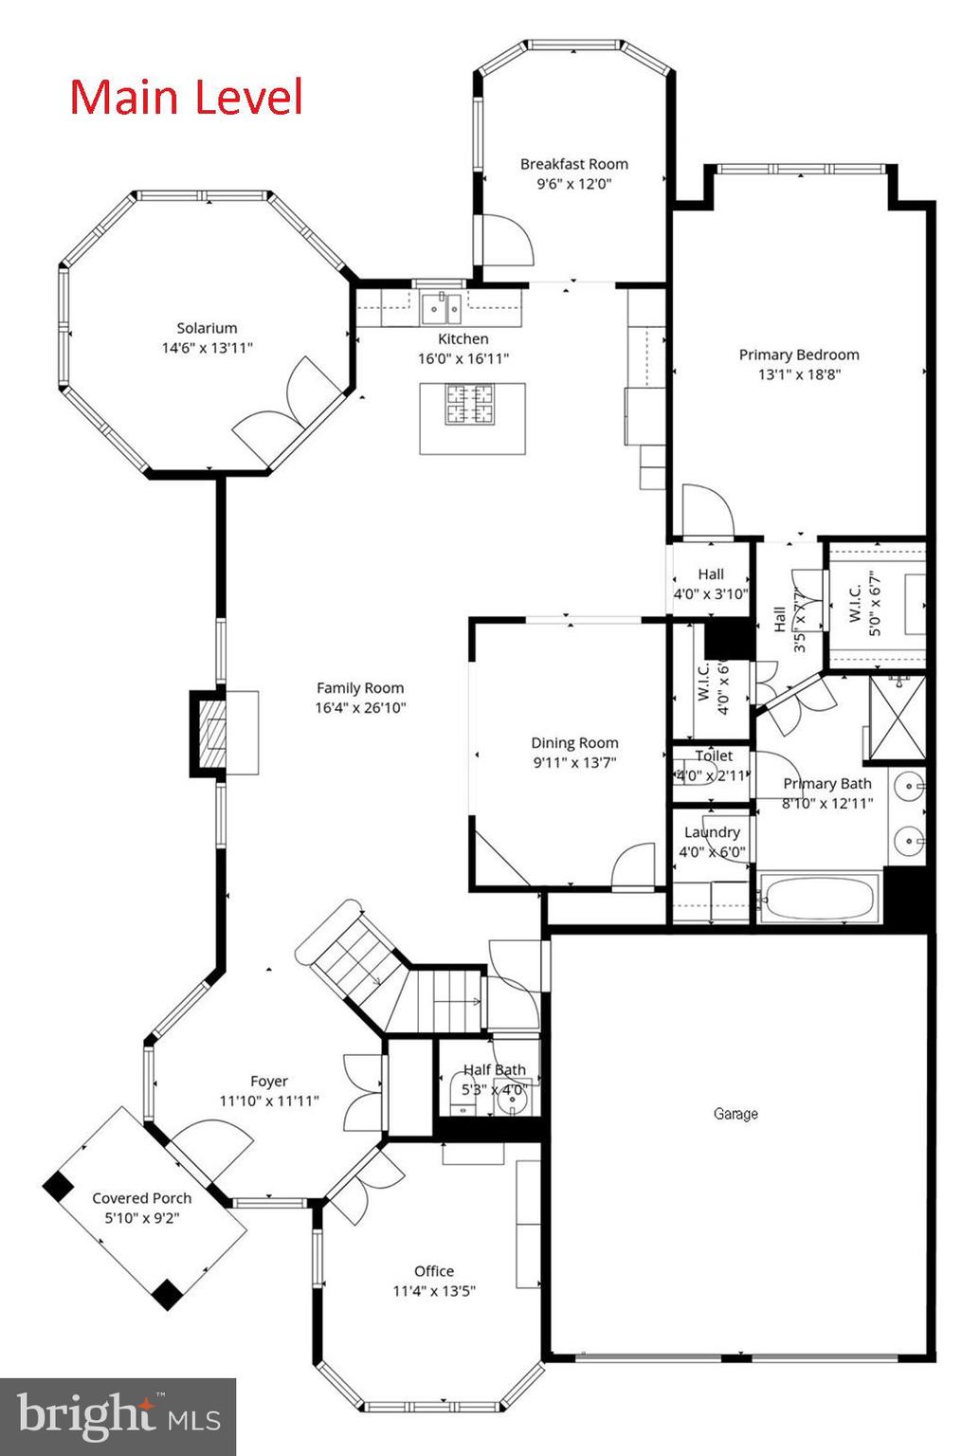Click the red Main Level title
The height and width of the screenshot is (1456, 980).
(x=187, y=98)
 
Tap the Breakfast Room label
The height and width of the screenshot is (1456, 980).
(x=573, y=164)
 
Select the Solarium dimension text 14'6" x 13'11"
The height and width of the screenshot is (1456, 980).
(x=207, y=348)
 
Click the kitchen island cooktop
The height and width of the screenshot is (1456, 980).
(x=472, y=404)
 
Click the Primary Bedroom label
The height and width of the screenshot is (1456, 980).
(x=799, y=355)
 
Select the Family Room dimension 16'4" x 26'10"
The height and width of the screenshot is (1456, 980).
(x=360, y=707)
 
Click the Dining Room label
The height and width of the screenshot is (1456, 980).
(x=574, y=743)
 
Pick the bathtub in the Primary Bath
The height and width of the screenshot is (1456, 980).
(x=820, y=898)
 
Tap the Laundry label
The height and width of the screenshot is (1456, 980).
(x=712, y=832)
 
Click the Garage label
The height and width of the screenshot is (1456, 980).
(x=735, y=1114)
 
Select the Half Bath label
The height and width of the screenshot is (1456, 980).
(x=494, y=1069)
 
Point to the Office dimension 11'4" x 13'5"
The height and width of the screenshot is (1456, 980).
(x=434, y=1290)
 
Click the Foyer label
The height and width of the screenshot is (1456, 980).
(x=269, y=1081)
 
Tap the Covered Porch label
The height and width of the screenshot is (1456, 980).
(x=142, y=1198)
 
